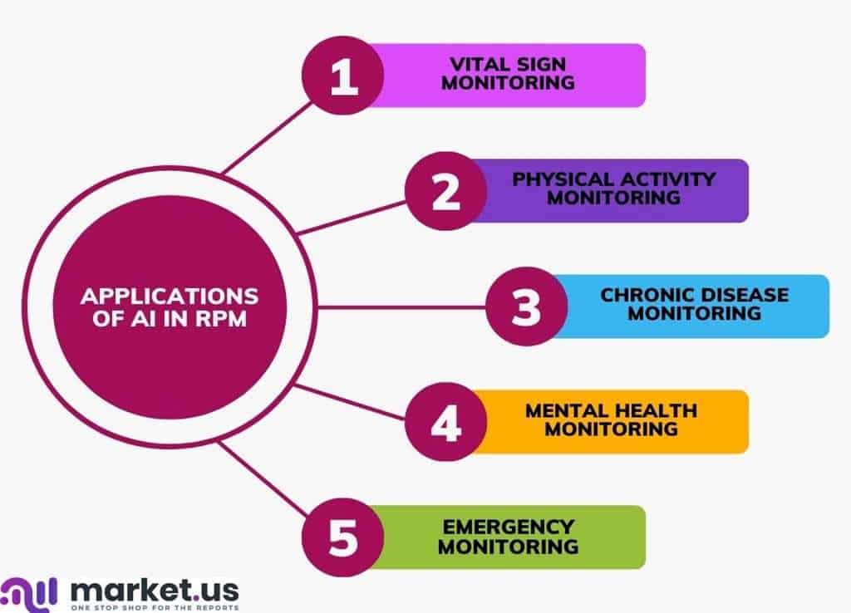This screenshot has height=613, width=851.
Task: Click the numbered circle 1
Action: tap(343, 76)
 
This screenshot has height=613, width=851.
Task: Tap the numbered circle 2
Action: tap(446, 191)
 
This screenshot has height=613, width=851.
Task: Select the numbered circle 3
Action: tap(526, 306)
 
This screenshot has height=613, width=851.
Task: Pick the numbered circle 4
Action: tap(446, 422)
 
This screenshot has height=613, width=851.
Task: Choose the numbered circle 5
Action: tap(343, 537)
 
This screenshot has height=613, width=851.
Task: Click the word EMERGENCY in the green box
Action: tap(509, 527)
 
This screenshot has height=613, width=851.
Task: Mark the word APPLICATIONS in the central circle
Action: tap(170, 297)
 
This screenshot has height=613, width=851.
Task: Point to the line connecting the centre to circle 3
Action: tap(401, 307)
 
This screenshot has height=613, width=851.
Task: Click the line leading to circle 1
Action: tap(268, 138)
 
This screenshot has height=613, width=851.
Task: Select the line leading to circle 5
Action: tap(263, 478)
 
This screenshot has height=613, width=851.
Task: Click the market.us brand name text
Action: tap(155, 591)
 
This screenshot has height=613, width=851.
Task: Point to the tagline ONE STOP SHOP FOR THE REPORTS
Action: tap(155, 607)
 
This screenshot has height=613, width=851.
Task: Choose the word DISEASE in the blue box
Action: tap(745, 295)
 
